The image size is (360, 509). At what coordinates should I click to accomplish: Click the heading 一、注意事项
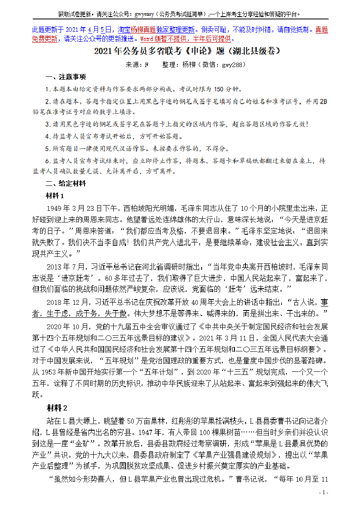pyautogui.click(x=65, y=77)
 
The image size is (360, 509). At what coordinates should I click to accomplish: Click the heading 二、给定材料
pyautogui.click(x=65, y=183)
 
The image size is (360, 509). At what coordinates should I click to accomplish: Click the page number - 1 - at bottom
pyautogui.click(x=323, y=492)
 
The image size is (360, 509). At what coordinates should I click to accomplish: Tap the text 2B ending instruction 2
pyautogui.click(x=323, y=101)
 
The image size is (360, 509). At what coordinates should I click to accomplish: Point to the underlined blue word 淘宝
pyautogui.click(x=124, y=30)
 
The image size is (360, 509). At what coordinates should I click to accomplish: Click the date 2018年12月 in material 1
pyautogui.click(x=68, y=301)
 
